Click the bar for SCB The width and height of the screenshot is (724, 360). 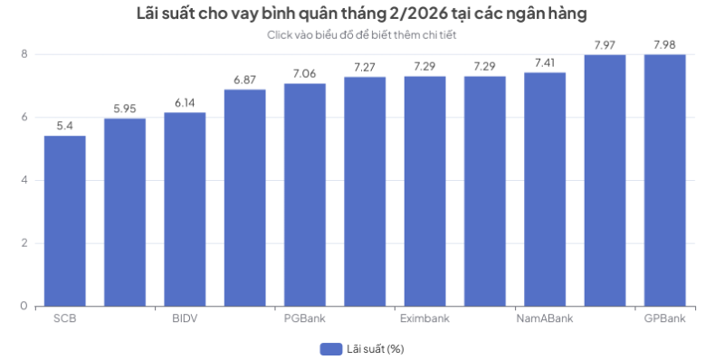[x=64, y=221]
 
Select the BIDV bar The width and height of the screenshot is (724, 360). [x=185, y=209]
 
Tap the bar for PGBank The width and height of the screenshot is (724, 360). [x=304, y=194]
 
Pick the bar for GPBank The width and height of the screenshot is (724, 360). [x=664, y=180]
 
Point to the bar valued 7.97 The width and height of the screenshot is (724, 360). [x=605, y=180]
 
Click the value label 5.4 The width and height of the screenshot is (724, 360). [x=64, y=126]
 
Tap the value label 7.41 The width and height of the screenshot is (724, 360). [x=545, y=62]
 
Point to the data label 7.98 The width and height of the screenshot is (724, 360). [x=664, y=44]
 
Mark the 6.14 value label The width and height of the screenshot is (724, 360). [x=185, y=102]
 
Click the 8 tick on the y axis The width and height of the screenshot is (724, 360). [x=25, y=54]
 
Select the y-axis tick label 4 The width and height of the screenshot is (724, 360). [x=25, y=180]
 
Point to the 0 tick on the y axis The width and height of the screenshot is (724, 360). [x=25, y=306]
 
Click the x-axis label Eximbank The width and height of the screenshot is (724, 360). [x=424, y=318]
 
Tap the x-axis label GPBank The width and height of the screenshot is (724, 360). [x=664, y=318]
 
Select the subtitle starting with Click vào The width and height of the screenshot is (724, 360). [x=361, y=34]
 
